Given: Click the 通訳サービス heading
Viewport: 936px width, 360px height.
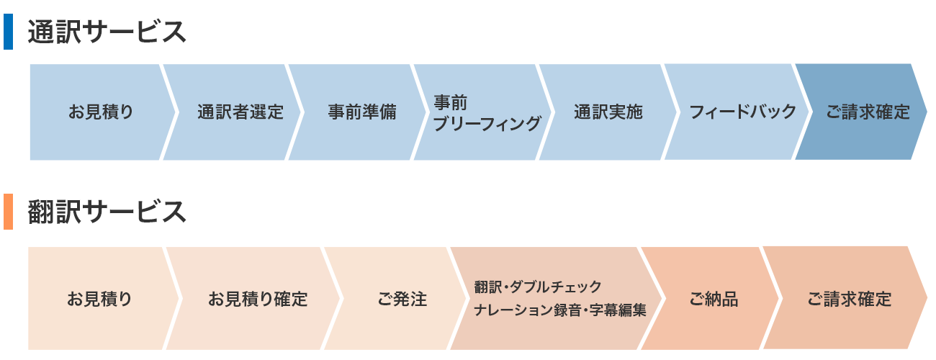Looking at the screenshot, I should click(x=107, y=32).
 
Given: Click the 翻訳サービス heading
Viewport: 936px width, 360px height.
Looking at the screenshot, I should click(x=107, y=212).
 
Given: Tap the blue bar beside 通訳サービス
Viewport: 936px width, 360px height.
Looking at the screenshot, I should click(x=8, y=32).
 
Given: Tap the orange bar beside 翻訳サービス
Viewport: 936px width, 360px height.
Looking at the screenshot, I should click(x=8, y=212).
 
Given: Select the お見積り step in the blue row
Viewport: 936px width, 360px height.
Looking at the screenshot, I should click(x=101, y=112).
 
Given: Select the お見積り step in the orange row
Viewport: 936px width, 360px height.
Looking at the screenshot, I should click(x=100, y=299).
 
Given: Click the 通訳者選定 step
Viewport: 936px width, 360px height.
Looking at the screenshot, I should click(x=240, y=112).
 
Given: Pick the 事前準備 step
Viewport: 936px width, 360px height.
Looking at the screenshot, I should click(x=361, y=112).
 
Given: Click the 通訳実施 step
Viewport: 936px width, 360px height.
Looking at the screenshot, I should click(x=608, y=112).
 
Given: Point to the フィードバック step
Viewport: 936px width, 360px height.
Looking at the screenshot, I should click(x=742, y=112).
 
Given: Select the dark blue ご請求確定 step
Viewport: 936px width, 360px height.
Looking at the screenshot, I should click(x=867, y=112).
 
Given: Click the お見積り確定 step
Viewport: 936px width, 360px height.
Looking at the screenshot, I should click(x=258, y=299).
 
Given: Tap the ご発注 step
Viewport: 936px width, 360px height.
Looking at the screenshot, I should click(x=402, y=299).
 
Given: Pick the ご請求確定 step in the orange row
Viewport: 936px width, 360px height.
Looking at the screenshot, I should click(x=849, y=299).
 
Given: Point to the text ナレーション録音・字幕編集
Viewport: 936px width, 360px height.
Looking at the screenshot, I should click(x=560, y=311).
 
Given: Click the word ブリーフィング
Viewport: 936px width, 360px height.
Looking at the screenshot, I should click(x=487, y=124).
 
